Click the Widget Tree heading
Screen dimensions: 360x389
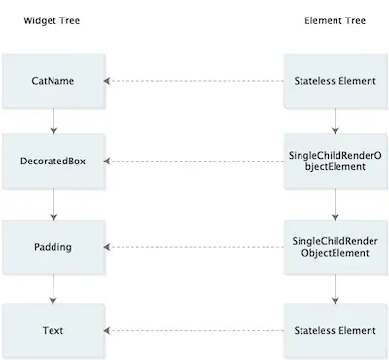tap(52, 20)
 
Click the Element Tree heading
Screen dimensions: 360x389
tap(335, 20)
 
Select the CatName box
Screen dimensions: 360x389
tap(53, 80)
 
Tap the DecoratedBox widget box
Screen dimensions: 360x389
tap(53, 161)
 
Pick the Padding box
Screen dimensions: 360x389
tap(53, 246)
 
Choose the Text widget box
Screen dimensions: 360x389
tap(53, 331)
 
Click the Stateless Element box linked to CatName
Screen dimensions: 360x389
tap(335, 80)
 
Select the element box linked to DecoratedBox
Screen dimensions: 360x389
tap(335, 161)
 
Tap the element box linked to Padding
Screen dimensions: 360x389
tap(335, 246)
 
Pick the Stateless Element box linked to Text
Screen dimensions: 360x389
tap(335, 331)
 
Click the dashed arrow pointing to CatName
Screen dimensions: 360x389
tap(194, 80)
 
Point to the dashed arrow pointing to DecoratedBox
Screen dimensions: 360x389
tap(194, 161)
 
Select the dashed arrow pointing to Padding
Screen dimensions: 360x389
tap(194, 246)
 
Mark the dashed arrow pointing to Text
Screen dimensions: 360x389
tap(194, 331)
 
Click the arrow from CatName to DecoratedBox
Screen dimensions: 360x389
tap(53, 121)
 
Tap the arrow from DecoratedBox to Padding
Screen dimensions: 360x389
tap(53, 203)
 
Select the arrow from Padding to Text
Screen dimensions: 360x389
tap(53, 288)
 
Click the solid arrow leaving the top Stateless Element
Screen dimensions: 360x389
tap(335, 121)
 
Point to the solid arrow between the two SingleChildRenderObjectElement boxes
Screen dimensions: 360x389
tap(335, 203)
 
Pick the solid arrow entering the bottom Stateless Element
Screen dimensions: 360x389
tap(335, 288)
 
